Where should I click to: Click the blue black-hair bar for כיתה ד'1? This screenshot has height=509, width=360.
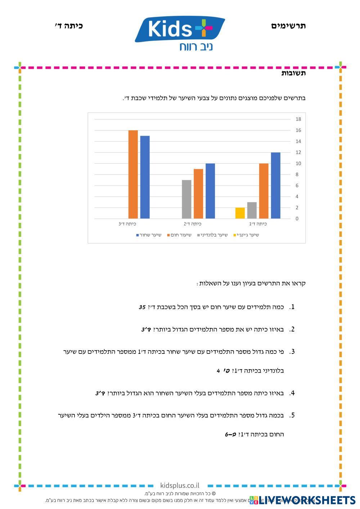pos(275,185)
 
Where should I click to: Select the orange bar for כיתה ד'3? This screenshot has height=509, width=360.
pos(133,175)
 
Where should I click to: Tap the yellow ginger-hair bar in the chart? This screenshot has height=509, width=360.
pos(240,213)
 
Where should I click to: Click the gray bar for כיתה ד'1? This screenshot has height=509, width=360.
pos(252,210)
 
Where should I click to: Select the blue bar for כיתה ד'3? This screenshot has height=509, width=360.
pos(145,177)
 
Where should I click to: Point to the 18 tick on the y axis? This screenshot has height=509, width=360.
pos(298,119)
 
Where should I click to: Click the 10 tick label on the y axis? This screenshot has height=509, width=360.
pos(298,163)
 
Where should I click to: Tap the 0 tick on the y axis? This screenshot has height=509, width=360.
pos(297,219)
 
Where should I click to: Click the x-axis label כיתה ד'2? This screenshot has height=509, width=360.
pos(193,224)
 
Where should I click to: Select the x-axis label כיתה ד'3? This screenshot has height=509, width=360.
pos(127,224)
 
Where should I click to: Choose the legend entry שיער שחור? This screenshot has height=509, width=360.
pos(148,235)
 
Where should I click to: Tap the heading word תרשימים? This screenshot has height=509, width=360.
pos(288,26)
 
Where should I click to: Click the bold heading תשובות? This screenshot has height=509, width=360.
pos(293,73)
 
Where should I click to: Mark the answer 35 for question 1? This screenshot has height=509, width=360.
pos(142,307)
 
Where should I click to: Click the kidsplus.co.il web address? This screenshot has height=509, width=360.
pos(180,486)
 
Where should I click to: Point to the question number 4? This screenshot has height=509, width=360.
pos(292,393)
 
